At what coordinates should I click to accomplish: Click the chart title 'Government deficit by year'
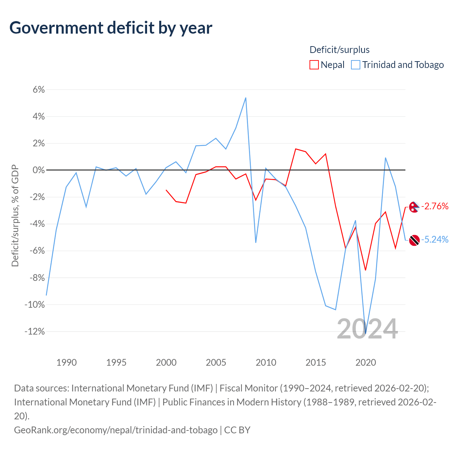pyautogui.click(x=111, y=28)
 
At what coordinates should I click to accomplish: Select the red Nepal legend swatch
pyautogui.click(x=314, y=65)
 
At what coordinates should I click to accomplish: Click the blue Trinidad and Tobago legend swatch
pyautogui.click(x=356, y=65)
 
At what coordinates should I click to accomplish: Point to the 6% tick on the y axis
pyautogui.click(x=39, y=89)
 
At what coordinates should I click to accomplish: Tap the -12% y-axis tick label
pyautogui.click(x=35, y=331)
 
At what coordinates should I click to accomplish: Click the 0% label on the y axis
pyautogui.click(x=39, y=170)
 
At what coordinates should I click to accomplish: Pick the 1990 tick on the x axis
pyautogui.click(x=67, y=362)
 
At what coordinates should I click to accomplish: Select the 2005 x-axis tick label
pyautogui.click(x=216, y=362)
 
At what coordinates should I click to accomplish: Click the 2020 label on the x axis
pyautogui.click(x=365, y=362)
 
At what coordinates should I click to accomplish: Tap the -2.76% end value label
pyautogui.click(x=435, y=206)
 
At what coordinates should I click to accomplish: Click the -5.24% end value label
pyautogui.click(x=435, y=239)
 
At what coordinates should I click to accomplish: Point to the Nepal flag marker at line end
pyautogui.click(x=414, y=207)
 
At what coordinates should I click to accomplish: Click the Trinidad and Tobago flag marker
pyautogui.click(x=414, y=240)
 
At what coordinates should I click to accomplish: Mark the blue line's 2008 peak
pyautogui.click(x=245, y=98)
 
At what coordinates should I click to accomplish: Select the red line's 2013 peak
pyautogui.click(x=296, y=149)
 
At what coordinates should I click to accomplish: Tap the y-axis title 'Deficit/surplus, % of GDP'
pyautogui.click(x=15, y=216)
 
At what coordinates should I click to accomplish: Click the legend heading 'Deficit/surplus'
pyautogui.click(x=339, y=50)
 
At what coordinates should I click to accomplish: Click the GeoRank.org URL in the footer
pyautogui.click(x=116, y=430)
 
